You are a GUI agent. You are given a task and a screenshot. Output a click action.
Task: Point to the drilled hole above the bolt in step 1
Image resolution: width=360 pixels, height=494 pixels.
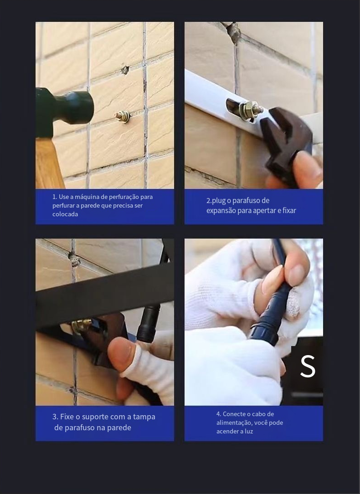tap(125, 70)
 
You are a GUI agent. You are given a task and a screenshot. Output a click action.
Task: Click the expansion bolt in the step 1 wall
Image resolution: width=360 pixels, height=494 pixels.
tap(123, 116)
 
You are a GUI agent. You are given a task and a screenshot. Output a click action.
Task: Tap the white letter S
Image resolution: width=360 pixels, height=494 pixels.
tap(308, 366)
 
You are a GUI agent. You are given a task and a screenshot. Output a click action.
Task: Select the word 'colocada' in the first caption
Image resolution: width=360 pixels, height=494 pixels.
tap(65, 214)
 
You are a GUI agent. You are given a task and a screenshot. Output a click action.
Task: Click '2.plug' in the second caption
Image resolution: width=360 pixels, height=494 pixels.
tap(216, 201)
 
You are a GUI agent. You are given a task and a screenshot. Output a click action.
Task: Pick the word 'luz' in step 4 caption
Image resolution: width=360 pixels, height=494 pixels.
tap(249, 431)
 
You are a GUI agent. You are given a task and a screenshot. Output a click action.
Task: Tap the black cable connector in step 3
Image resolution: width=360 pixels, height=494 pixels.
tap(149, 323)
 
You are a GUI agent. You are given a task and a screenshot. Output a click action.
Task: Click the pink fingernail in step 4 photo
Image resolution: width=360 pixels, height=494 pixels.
tap(272, 279)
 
